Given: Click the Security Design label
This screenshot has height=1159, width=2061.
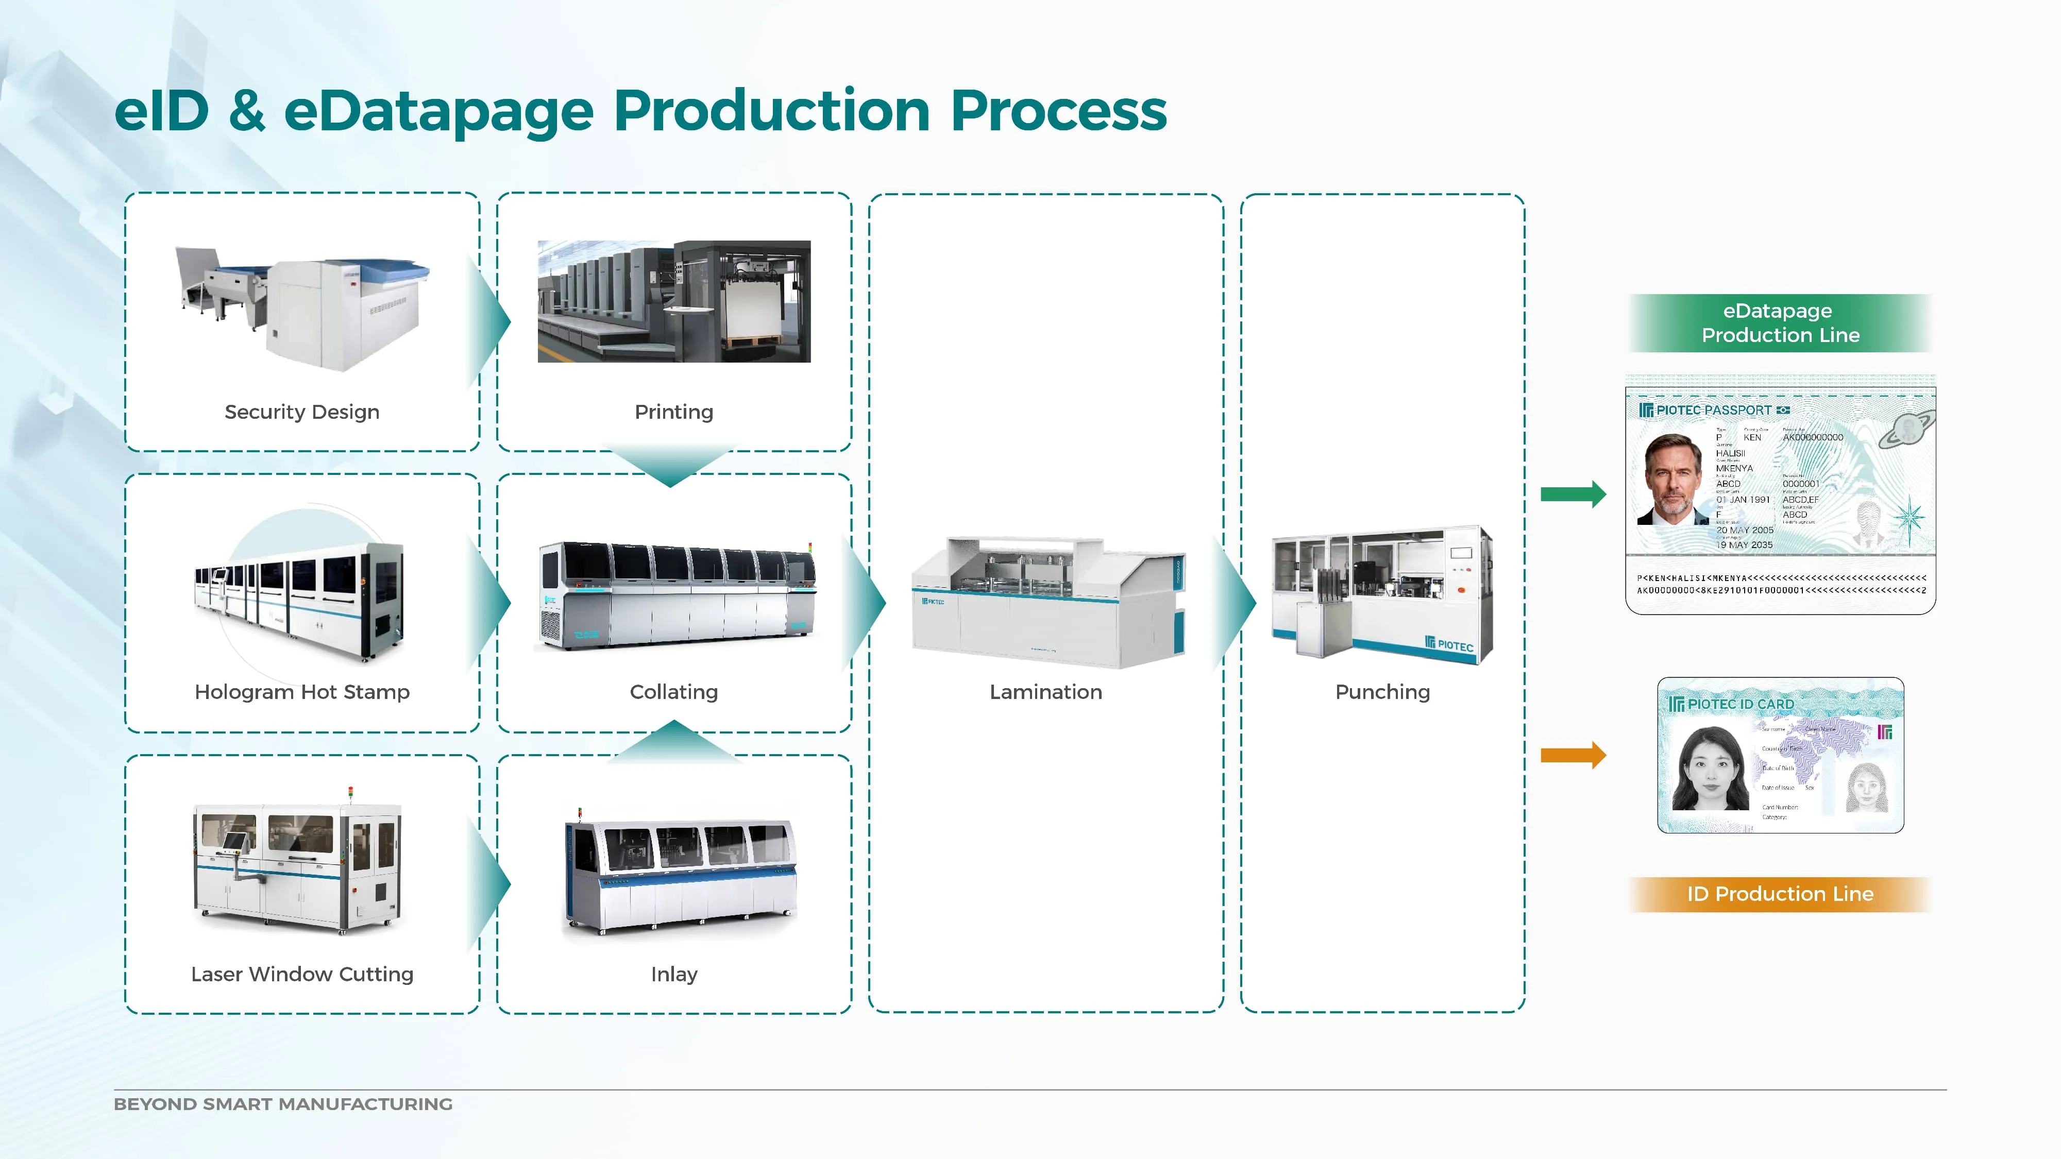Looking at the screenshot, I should pyautogui.click(x=301, y=412).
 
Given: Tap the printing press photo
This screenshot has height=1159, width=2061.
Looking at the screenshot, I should pyautogui.click(x=673, y=301).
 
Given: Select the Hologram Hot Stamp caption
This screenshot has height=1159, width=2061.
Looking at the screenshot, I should pyautogui.click(x=301, y=692).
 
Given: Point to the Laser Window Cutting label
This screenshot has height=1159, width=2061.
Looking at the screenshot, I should pyautogui.click(x=301, y=974).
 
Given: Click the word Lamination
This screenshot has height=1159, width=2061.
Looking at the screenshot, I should pyautogui.click(x=1046, y=692).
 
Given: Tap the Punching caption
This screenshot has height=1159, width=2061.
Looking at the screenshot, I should pyautogui.click(x=1382, y=692).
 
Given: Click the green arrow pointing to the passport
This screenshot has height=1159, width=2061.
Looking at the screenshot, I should pyautogui.click(x=1572, y=495).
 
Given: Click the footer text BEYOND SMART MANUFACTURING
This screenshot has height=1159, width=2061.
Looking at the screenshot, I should pyautogui.click(x=283, y=1104).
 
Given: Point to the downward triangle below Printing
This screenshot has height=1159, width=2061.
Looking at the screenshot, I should pyautogui.click(x=670, y=465).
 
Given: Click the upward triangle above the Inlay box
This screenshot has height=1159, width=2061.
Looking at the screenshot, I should pyautogui.click(x=673, y=740).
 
